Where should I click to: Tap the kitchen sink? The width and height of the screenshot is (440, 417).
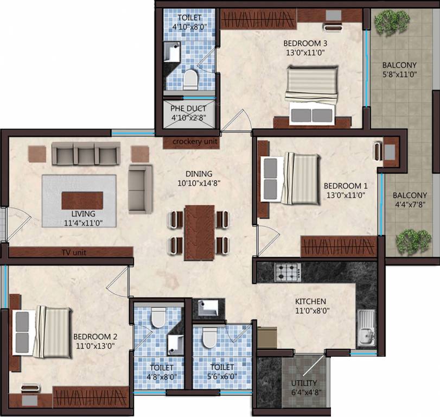365,327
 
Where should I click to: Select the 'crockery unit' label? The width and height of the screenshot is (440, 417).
195,142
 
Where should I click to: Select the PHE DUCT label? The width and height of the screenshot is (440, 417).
188,108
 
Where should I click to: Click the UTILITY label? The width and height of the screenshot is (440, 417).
304,383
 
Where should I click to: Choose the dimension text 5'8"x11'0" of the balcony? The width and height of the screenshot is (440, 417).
399,75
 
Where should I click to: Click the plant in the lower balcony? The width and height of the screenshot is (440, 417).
413,241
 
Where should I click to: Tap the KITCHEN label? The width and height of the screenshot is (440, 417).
310,301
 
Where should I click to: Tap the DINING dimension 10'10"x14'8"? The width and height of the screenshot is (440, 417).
197,183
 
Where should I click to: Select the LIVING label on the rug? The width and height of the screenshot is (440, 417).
79,213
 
